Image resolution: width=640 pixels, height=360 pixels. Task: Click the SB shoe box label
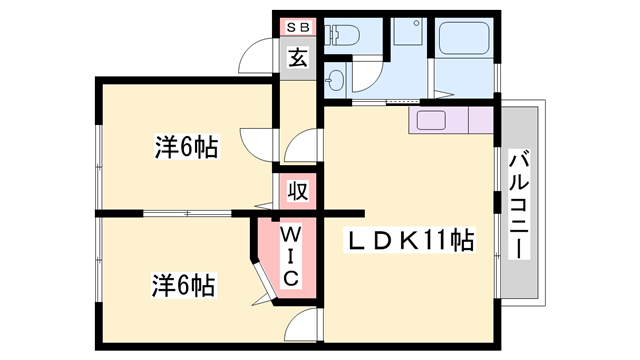(297, 27)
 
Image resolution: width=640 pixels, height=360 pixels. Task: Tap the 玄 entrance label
(297, 57)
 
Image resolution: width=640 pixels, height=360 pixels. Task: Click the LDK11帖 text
(410, 241)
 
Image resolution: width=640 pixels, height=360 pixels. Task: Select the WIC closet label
(287, 256)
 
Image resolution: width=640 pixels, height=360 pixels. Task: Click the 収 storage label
(297, 190)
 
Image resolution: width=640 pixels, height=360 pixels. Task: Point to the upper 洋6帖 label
(186, 147)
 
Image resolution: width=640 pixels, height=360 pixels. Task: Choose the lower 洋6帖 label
(186, 284)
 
